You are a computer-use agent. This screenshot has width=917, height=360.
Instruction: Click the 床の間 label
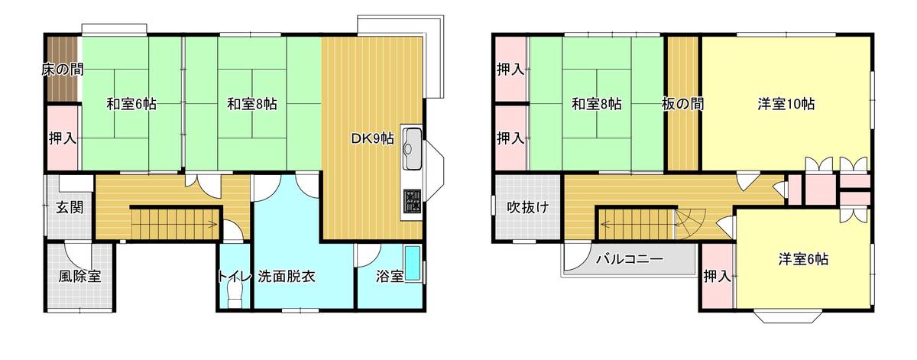pos(62,70)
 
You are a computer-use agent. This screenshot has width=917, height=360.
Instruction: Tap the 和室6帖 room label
pos(131,105)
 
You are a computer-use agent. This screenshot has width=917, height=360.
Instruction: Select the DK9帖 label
pos(372,139)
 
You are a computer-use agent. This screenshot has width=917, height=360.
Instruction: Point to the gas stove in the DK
pos(412,202)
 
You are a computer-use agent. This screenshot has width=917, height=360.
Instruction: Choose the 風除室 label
pos(79,277)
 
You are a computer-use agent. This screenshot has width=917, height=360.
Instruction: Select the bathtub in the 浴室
pos(413,264)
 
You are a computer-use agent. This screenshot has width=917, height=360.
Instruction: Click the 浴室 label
pos(390,277)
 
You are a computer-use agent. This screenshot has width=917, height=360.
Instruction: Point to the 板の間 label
pos(683,104)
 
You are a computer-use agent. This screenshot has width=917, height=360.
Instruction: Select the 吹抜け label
pos(529,207)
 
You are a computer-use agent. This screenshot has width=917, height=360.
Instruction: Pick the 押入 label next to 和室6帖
pos(63,138)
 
